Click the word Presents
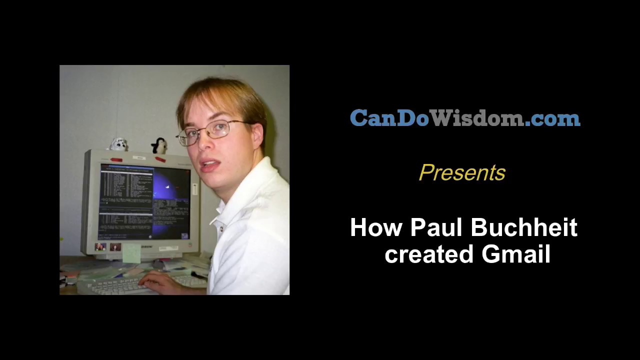click(462, 173)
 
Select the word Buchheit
click(524, 228)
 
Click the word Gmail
click(515, 254)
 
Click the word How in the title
click(376, 228)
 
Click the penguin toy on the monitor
click(159, 145)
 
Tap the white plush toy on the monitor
click(118, 144)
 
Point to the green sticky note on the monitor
click(131, 252)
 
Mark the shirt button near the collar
click(220, 229)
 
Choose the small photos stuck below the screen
click(107, 247)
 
